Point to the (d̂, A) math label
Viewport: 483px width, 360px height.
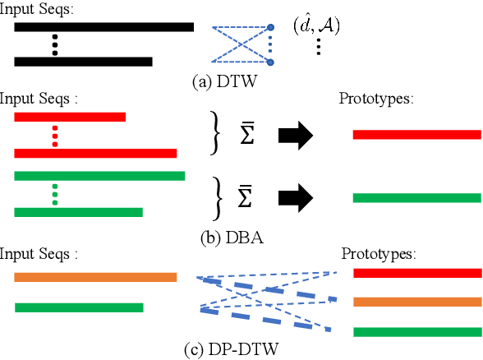tap(316, 25)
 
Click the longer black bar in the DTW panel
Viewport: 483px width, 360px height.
tap(103, 27)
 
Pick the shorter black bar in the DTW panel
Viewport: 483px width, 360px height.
tap(83, 62)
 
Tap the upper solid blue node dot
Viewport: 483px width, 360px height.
tap(272, 29)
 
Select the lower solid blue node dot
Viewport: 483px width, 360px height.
tap(272, 62)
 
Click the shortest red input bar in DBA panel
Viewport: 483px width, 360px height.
tap(70, 118)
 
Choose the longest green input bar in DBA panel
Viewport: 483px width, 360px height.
tap(99, 175)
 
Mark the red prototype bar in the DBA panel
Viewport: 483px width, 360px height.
tap(416, 134)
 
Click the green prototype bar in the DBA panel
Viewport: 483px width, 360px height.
tap(416, 197)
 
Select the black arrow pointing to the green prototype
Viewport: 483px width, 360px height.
tap(297, 197)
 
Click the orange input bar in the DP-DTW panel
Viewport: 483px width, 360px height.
tap(95, 278)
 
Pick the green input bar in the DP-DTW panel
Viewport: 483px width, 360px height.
tap(79, 307)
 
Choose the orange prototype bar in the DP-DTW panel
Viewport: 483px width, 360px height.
tap(416, 302)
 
